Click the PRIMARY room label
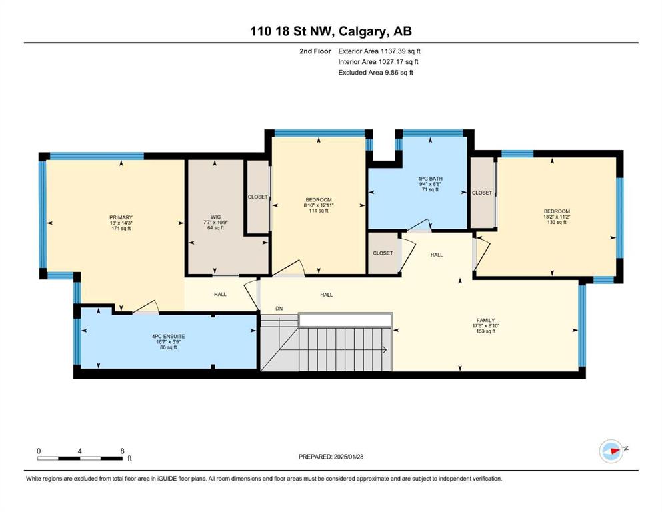(121, 217)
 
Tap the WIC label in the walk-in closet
(215, 217)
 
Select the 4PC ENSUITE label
(169, 337)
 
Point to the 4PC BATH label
(430, 179)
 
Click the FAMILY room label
(485, 321)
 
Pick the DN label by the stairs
(279, 309)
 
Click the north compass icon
(611, 451)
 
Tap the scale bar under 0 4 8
(80, 458)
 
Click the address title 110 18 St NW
(292, 31)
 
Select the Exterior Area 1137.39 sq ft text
(379, 51)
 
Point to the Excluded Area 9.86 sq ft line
(376, 73)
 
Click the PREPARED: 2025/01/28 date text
(331, 457)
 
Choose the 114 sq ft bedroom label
(319, 211)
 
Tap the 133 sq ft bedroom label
(557, 222)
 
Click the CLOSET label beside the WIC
(257, 197)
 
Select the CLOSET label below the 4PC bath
(383, 253)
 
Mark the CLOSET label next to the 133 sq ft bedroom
(482, 193)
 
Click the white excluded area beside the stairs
(345, 319)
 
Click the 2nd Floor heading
(315, 51)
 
